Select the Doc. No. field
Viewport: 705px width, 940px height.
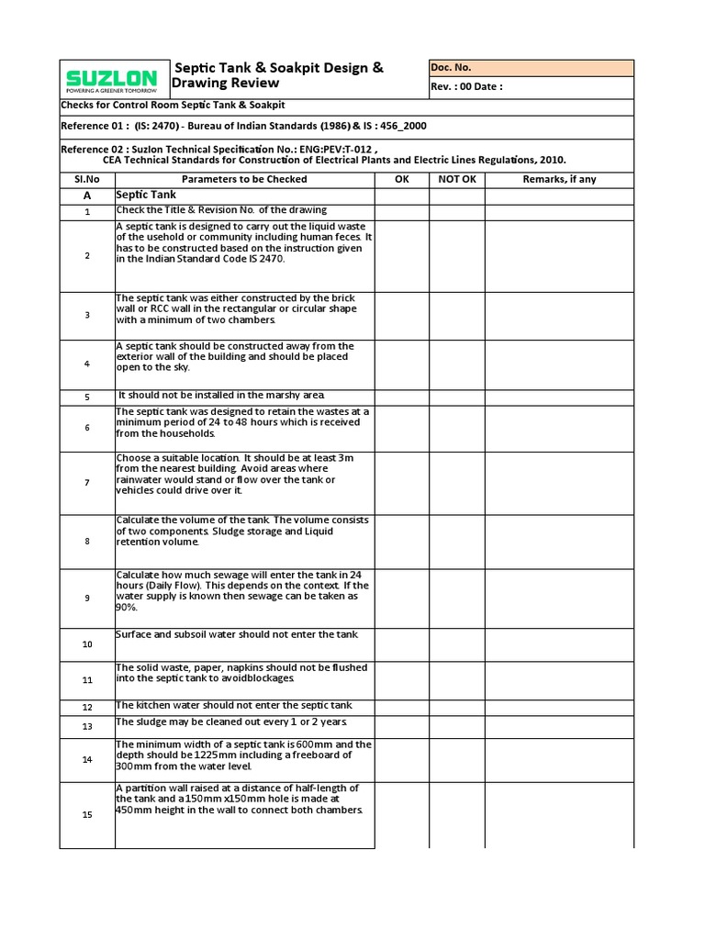click(x=531, y=68)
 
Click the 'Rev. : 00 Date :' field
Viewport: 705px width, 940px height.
click(x=531, y=87)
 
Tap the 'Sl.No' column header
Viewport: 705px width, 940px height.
click(x=87, y=179)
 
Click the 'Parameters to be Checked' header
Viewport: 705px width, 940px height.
click(x=244, y=179)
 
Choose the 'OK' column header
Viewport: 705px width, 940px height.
click(x=402, y=179)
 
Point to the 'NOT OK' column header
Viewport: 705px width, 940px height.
click(x=457, y=179)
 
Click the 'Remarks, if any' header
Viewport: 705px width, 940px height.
click(x=559, y=179)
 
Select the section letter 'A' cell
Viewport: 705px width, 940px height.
click(x=87, y=196)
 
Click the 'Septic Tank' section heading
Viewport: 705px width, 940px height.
click(x=146, y=196)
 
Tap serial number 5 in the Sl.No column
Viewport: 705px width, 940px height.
click(x=87, y=397)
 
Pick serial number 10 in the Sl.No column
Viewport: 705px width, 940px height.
click(x=87, y=644)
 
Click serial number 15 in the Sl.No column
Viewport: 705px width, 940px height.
click(x=87, y=815)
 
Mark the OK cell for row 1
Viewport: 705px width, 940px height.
click(x=402, y=212)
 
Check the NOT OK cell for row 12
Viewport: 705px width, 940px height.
click(x=457, y=707)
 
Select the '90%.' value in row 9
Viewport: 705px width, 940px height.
click(x=126, y=608)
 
